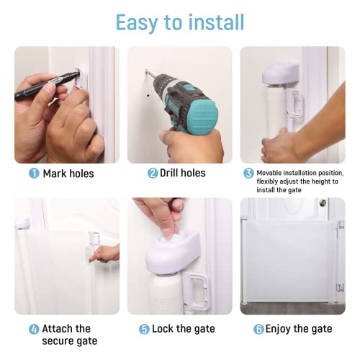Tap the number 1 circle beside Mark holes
tap(34, 174)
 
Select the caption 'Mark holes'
tap(68, 174)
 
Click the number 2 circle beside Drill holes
tap(153, 174)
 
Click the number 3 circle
tap(248, 174)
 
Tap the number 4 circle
tap(34, 329)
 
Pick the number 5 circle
tap(144, 329)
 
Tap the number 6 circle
tap(258, 329)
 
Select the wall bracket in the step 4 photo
tap(94, 238)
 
